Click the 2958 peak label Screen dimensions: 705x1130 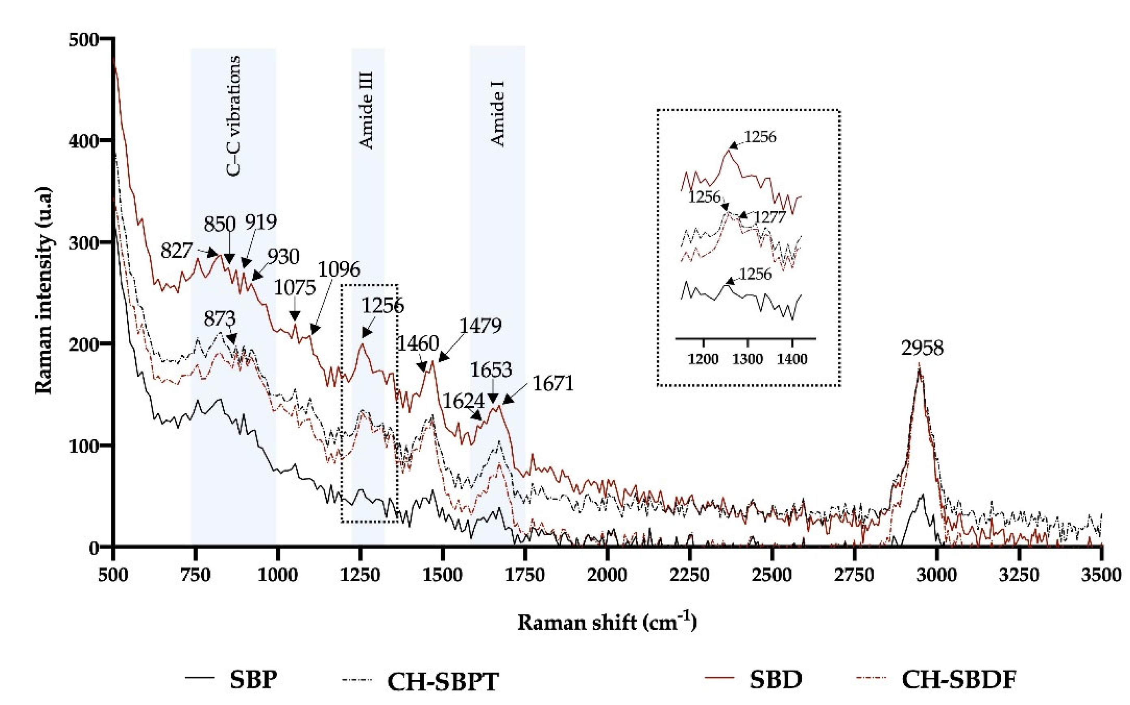tap(922, 348)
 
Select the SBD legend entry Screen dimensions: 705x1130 tap(776, 679)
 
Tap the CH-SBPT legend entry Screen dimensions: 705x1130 tap(443, 681)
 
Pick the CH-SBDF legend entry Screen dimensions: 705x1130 tap(959, 679)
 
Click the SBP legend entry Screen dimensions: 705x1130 tap(253, 679)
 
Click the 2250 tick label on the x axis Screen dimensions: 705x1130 tap(689, 575)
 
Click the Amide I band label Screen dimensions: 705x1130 tap(498, 113)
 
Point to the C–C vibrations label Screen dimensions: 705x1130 tap(234, 116)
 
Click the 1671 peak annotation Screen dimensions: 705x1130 tap(553, 384)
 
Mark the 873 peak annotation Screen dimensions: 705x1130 tap(219, 319)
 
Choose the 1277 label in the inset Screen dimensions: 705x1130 tap(770, 217)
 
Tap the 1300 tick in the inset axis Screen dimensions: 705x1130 tap(748, 360)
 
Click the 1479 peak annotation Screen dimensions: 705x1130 tap(481, 325)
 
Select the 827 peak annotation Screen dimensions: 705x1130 tap(176, 251)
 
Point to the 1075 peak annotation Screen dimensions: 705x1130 tap(294, 288)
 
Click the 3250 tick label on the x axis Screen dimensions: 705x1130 tap(1019, 575)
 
